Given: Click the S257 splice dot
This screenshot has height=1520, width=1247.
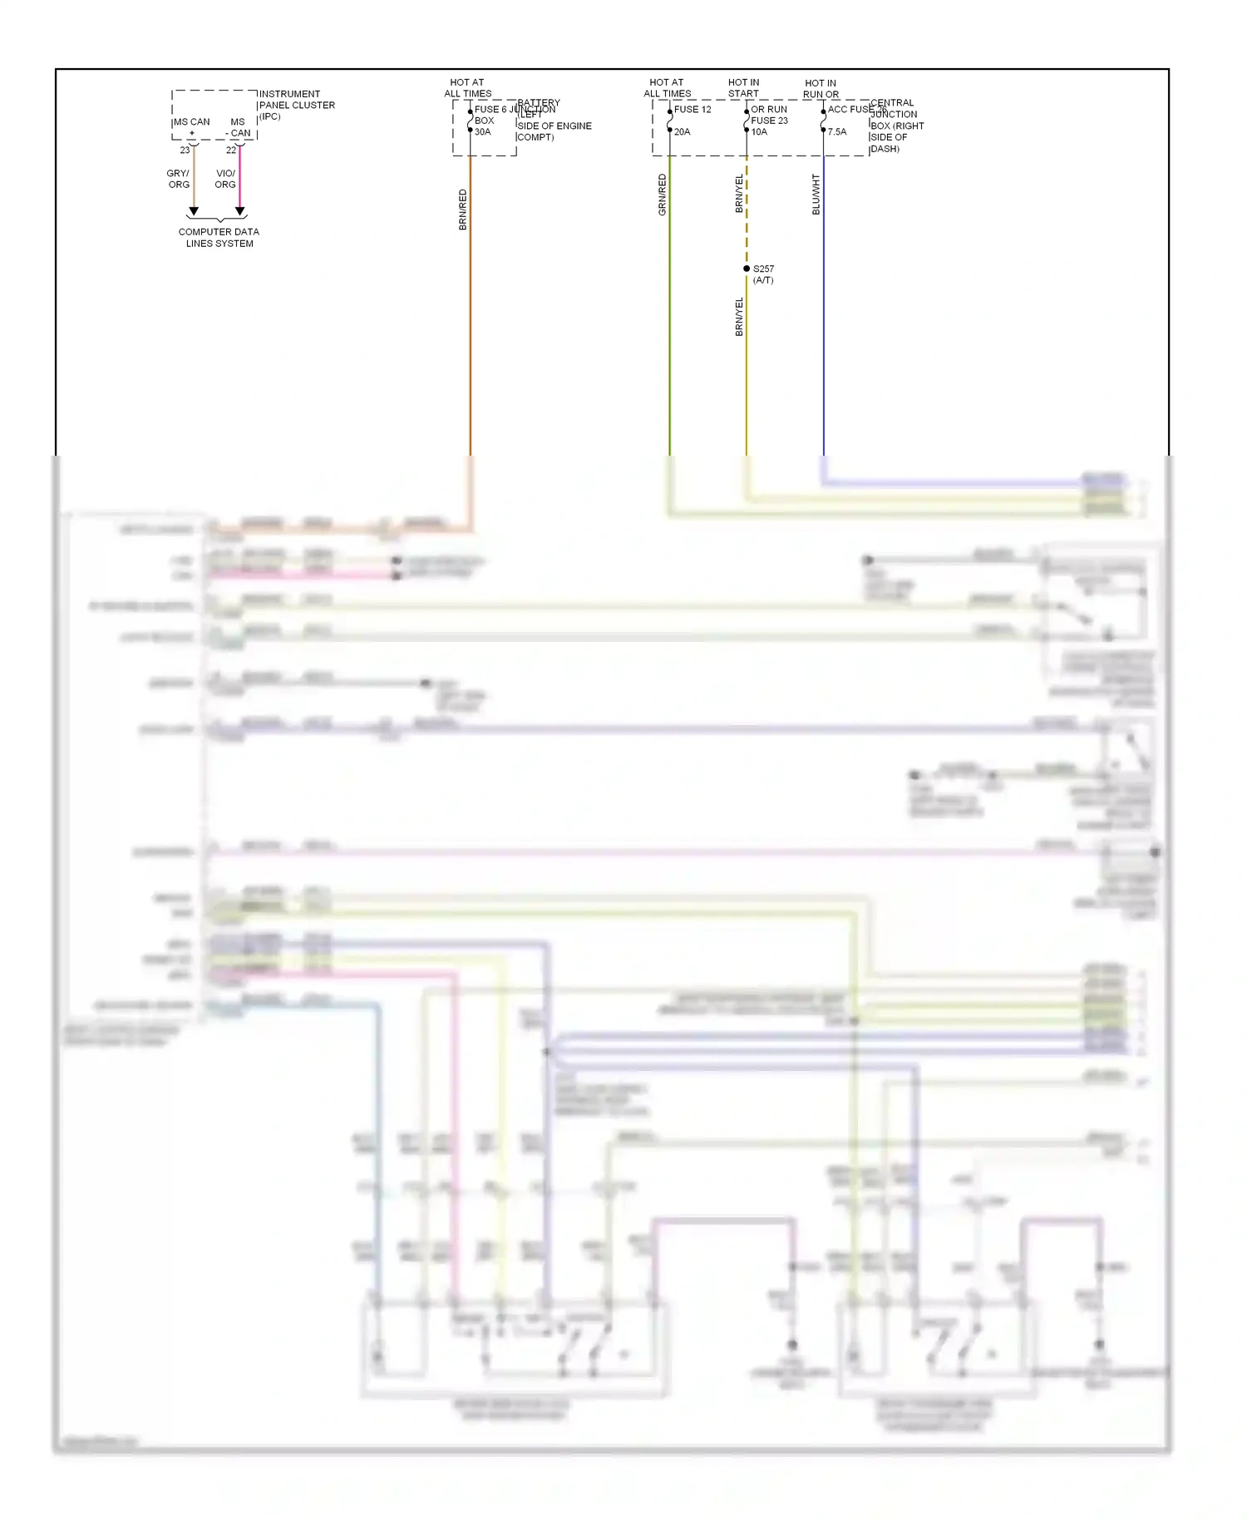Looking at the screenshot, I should [747, 269].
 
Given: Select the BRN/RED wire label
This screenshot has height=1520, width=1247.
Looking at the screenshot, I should [463, 210].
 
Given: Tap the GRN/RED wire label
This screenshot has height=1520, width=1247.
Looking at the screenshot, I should [663, 195].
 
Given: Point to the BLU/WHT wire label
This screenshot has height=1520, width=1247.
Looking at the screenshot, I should [816, 195].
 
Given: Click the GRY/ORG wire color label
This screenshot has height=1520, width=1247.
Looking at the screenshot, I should [179, 179].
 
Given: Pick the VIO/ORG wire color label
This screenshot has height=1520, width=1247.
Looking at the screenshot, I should [225, 179].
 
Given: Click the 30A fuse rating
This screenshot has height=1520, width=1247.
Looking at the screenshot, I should [483, 132].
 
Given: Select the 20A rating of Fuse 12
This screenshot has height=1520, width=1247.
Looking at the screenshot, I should [683, 132].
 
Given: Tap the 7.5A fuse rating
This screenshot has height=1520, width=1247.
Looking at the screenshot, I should [837, 132].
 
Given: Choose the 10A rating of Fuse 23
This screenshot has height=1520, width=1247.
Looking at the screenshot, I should [759, 132].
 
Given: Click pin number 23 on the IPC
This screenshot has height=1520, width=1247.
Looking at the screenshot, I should [185, 151].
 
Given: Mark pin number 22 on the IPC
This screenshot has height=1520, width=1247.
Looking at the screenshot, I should [231, 151].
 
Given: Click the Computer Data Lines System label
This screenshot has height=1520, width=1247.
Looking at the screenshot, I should [219, 238].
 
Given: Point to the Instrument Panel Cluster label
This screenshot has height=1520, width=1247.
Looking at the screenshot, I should [297, 105].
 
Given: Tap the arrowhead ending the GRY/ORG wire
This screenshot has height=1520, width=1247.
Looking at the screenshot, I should [194, 212].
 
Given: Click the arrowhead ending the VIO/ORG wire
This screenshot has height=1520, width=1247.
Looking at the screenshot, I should [240, 212].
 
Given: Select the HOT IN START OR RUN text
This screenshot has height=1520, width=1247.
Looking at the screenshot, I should [745, 88].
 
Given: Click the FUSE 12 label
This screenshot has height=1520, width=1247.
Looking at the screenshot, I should [693, 110].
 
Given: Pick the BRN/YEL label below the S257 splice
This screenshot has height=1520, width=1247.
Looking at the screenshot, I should [739, 317].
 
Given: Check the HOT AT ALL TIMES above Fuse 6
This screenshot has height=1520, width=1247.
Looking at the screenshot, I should [467, 88].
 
